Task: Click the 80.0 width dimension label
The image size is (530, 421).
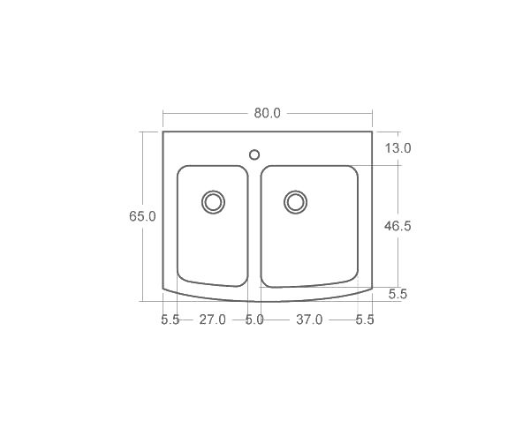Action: pos(267,113)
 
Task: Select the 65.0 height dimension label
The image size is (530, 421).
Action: pos(142,216)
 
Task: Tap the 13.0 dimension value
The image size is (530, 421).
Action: pos(397,148)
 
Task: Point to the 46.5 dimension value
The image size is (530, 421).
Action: pos(397,226)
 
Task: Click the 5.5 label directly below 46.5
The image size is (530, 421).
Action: pos(397,295)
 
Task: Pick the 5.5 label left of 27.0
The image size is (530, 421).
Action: pos(170,320)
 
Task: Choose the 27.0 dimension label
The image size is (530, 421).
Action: pos(212,320)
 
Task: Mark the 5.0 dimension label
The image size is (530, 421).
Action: pos(254,320)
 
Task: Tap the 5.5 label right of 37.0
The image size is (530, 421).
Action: pos(365,320)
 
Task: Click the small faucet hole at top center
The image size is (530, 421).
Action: pos(254,154)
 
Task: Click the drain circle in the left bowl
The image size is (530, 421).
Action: pos(213,201)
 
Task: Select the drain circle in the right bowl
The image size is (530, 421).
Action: pos(295,201)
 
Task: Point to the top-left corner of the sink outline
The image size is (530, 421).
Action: pos(163,132)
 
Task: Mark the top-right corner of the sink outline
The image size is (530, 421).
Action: pos(372,132)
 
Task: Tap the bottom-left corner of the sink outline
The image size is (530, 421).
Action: pos(163,289)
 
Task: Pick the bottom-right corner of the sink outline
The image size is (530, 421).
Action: pos(372,289)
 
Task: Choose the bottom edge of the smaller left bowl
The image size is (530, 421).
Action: pos(214,284)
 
